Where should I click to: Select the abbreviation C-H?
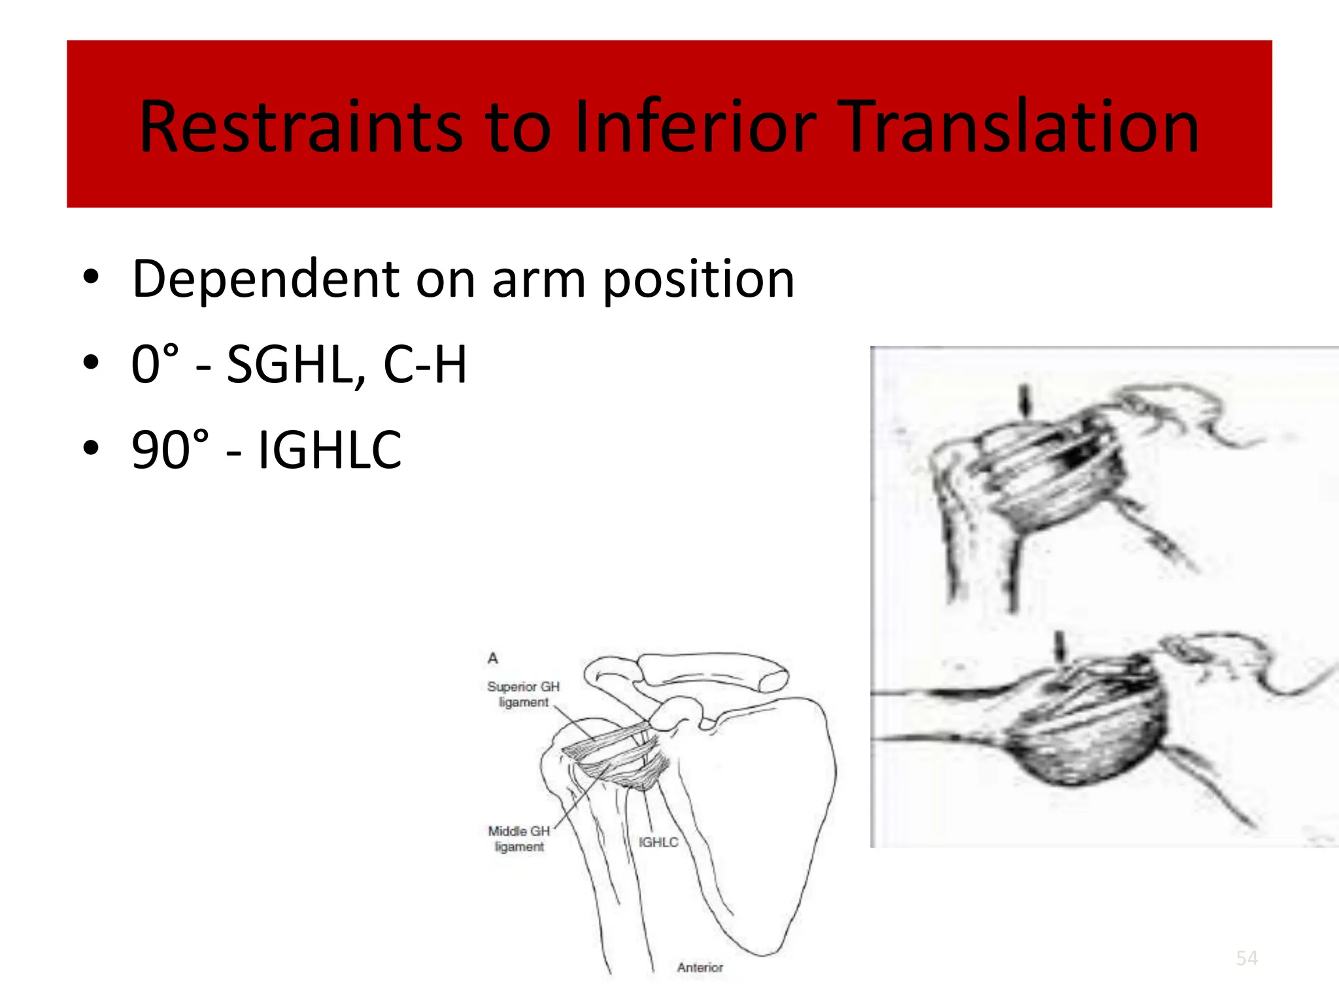point(425,365)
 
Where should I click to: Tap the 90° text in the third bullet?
point(171,450)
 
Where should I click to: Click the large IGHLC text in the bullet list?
point(330,450)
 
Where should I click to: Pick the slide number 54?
point(1247,958)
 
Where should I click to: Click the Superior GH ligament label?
point(523,694)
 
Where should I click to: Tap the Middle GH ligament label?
point(519,839)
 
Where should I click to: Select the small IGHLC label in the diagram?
point(658,843)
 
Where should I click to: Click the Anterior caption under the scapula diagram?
point(700,967)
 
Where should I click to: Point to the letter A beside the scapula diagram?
point(493,658)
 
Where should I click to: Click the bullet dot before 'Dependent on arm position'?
point(91,277)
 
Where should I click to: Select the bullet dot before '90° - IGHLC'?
point(91,448)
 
